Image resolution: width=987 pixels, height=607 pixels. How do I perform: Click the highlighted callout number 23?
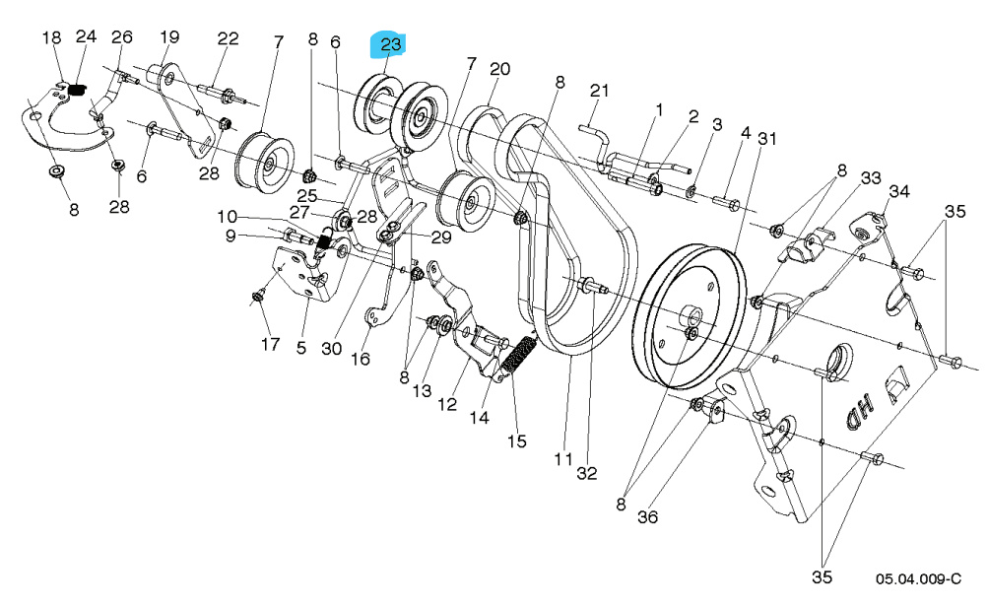click(x=391, y=44)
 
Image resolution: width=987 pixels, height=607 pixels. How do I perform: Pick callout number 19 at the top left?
click(x=169, y=38)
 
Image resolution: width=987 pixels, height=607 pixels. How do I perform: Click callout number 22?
click(x=228, y=38)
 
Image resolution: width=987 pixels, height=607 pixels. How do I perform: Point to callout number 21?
click(x=601, y=91)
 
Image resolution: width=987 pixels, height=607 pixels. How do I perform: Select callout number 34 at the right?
click(x=899, y=190)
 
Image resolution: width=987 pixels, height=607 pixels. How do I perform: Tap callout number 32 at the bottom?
click(x=587, y=474)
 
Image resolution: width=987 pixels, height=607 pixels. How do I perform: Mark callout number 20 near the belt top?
click(x=500, y=69)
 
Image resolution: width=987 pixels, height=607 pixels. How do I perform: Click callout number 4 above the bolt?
click(x=746, y=132)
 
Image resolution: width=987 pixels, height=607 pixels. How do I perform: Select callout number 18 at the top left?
click(x=51, y=37)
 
